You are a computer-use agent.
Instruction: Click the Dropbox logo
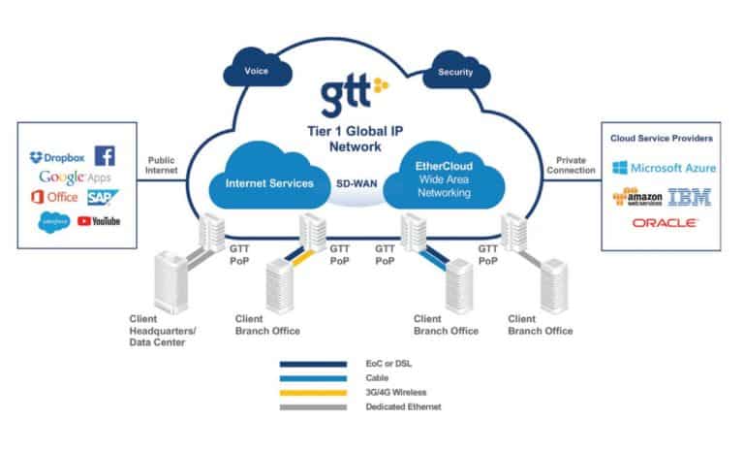[x=58, y=156]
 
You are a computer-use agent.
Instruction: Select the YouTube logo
[x=99, y=221]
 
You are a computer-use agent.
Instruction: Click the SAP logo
[x=101, y=197]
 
